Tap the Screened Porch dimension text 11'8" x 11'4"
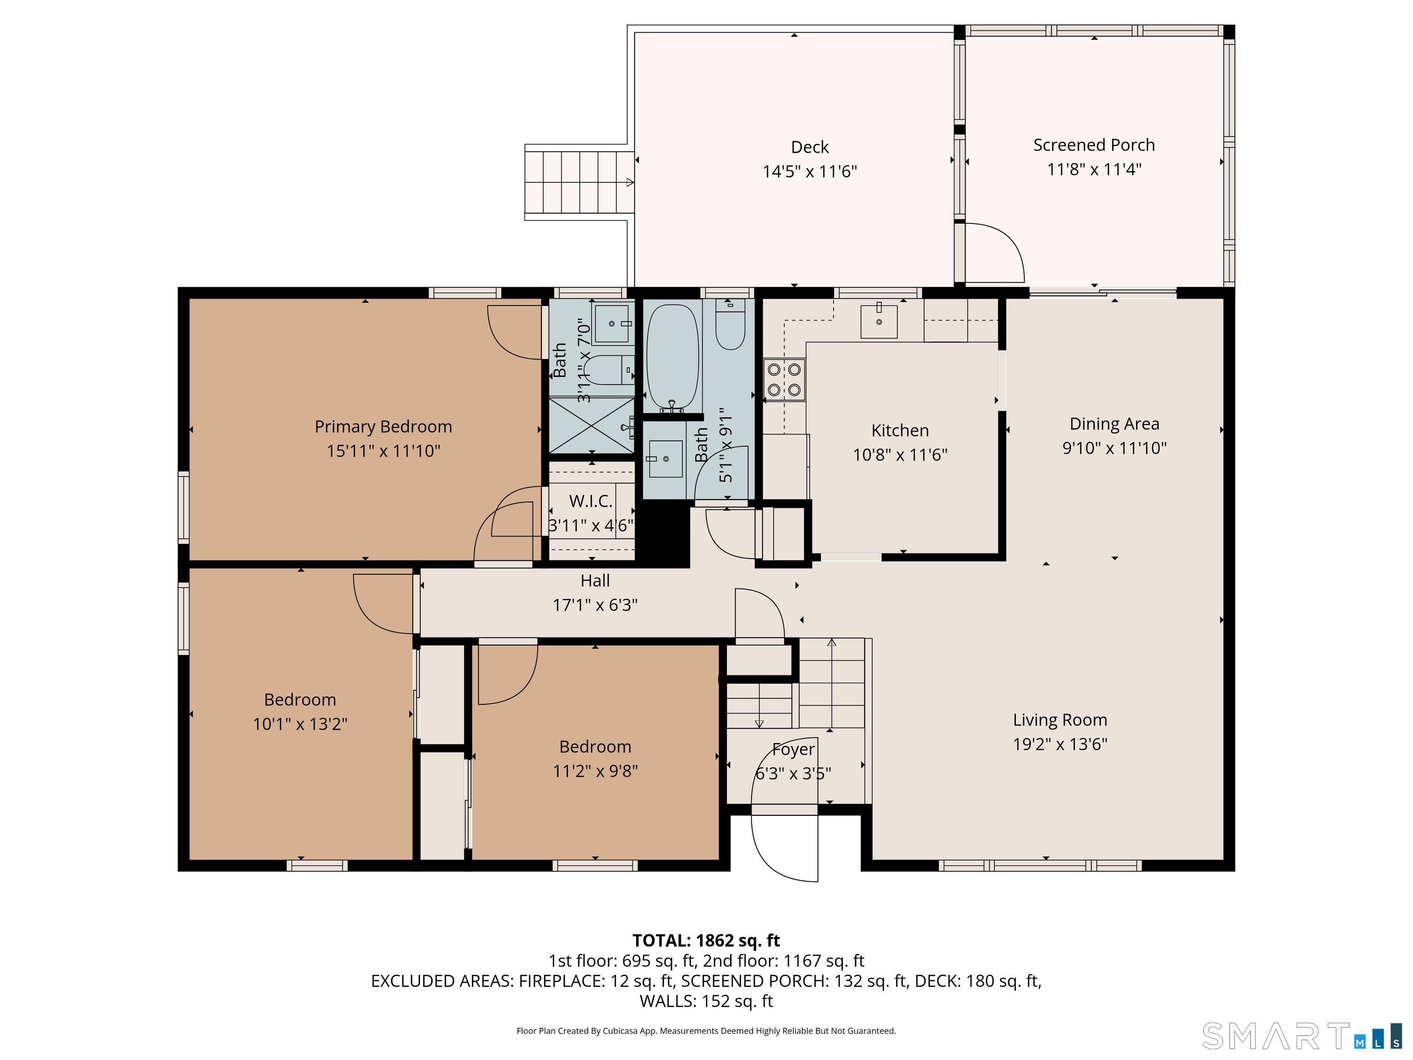[x=1094, y=169]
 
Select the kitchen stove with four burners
[x=784, y=380]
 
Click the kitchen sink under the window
[x=879, y=322]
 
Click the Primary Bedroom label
[x=383, y=427]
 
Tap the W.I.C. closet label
[x=591, y=501]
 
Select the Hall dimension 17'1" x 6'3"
[x=595, y=605]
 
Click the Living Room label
[x=1060, y=720]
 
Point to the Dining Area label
[x=1114, y=424]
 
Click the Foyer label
[x=793, y=749]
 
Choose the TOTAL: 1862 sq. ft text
[x=706, y=940]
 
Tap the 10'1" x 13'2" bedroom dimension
[x=300, y=724]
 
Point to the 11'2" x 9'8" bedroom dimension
[x=595, y=771]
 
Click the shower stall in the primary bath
[x=592, y=426]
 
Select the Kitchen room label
[x=900, y=431]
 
